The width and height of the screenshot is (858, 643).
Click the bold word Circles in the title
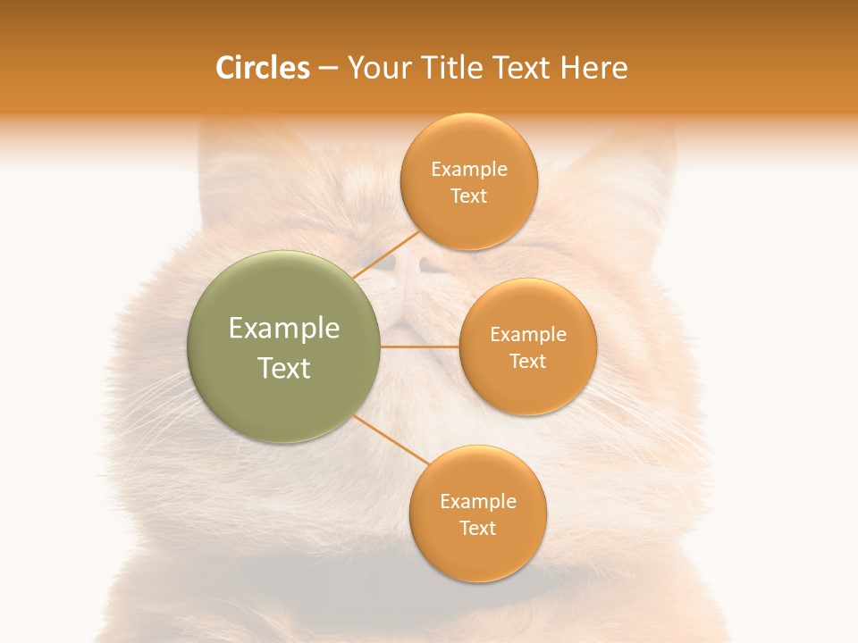click(x=262, y=68)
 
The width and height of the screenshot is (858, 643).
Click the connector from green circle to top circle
click(x=386, y=255)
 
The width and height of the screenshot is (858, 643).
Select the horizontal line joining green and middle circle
click(x=420, y=347)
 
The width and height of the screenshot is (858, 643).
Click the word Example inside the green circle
click(x=284, y=329)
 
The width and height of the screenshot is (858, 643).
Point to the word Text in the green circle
click(x=284, y=368)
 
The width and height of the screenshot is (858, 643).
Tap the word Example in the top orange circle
click(x=468, y=170)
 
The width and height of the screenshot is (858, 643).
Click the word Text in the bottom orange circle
click(x=478, y=529)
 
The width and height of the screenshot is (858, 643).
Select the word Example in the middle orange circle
click(x=527, y=335)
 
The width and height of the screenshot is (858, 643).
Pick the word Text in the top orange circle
click(x=468, y=196)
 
